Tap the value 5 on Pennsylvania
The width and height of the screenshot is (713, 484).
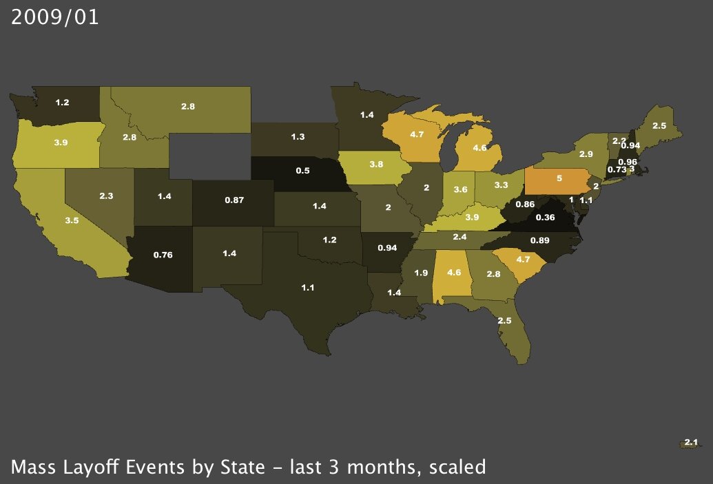pos(559,177)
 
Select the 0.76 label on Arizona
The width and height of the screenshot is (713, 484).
pos(163,255)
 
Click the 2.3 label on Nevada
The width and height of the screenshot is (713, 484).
pos(106,196)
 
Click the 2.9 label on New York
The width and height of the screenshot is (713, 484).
pos(586,154)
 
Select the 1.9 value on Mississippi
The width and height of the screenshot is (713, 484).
pos(421,273)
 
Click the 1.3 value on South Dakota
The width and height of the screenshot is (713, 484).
pos(298,137)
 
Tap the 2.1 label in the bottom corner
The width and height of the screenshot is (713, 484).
pos(692,442)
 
